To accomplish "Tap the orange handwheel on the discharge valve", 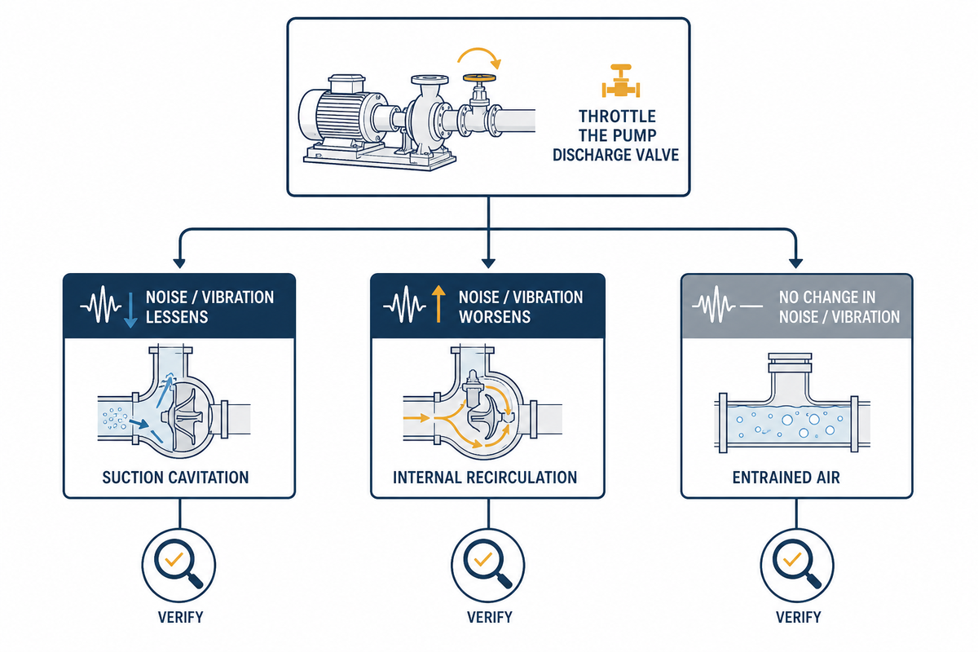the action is [x=479, y=78].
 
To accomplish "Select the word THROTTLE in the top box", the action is [x=618, y=117].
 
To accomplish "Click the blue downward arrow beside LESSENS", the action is [x=130, y=311].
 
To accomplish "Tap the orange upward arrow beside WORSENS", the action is [x=438, y=304].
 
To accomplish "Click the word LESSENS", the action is [x=177, y=317].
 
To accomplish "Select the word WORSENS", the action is [x=495, y=317].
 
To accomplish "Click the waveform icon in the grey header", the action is [x=714, y=304].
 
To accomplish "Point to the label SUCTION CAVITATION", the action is [x=175, y=478].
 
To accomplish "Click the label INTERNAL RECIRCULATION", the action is [x=485, y=478].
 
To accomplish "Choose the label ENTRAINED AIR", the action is [x=786, y=478].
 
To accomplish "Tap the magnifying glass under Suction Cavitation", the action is [x=178, y=565].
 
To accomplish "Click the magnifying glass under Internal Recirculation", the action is [x=487, y=565].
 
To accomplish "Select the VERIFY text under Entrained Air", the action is [x=798, y=618].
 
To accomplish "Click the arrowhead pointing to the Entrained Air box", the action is [x=796, y=263].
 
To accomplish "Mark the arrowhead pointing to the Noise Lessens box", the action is [x=179, y=263].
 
